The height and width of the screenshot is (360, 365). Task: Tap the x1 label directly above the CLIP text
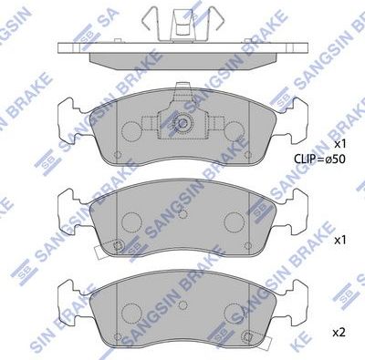click(339, 144)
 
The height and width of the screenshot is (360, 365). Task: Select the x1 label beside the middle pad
click(339, 241)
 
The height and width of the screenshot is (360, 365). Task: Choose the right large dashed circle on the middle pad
click(233, 221)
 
